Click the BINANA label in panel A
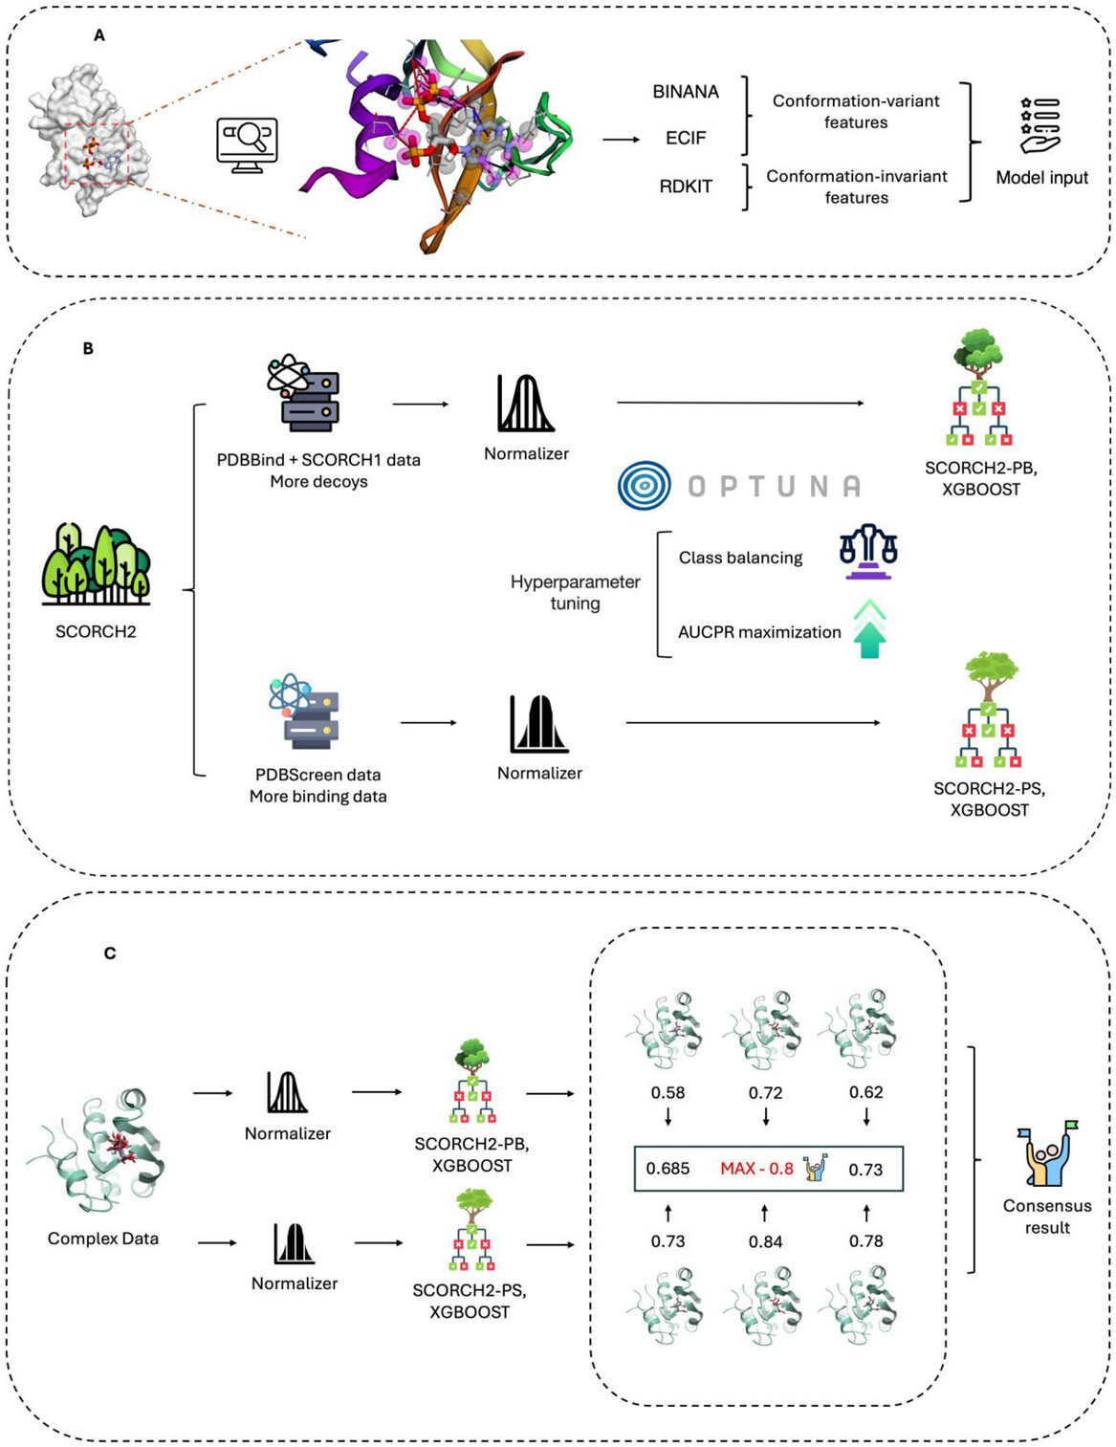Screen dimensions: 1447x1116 [x=686, y=92]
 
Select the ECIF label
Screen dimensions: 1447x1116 [x=686, y=138]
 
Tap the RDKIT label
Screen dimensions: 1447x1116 [x=686, y=186]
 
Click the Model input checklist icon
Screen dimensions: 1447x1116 [x=1039, y=124]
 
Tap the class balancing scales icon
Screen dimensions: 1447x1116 [x=868, y=552]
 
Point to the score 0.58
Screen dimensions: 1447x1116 [x=667, y=1092]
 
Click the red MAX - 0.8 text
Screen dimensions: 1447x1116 [x=756, y=1169]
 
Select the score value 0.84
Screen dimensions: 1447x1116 [x=765, y=1241]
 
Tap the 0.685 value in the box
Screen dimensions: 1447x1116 [x=667, y=1169]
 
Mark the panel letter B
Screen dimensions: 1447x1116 [x=88, y=349]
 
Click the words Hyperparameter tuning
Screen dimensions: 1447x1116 [x=575, y=592]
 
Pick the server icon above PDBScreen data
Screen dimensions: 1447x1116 [x=306, y=712]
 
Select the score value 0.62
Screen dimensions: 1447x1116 [x=865, y=1092]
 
